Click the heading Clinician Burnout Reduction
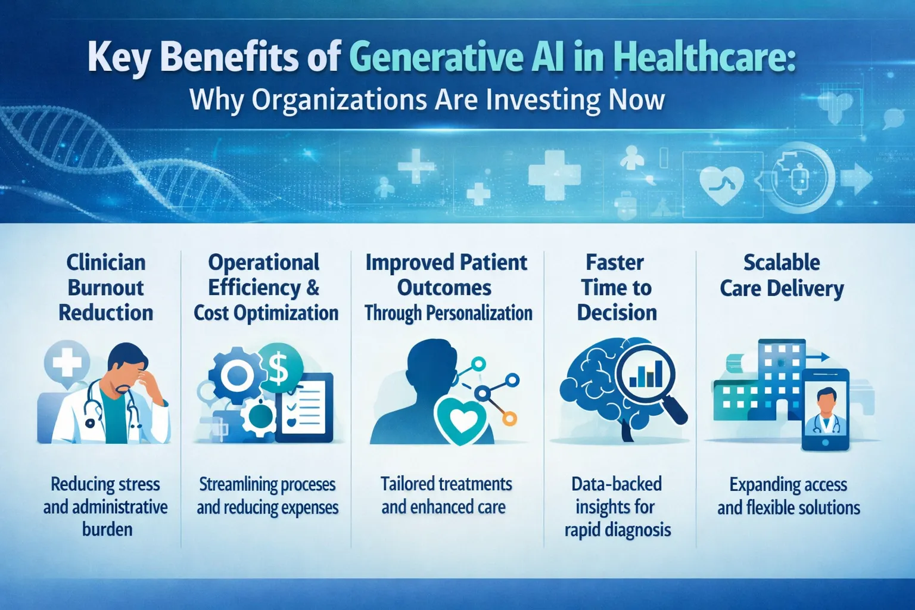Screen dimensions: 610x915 tap(106, 288)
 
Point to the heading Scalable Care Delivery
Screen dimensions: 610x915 tap(782, 275)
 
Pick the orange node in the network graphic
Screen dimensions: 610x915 tap(509, 419)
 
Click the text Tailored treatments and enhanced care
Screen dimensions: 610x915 tap(446, 495)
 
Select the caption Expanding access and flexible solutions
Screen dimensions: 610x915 tap(788, 496)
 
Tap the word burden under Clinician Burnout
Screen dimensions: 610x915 tap(107, 529)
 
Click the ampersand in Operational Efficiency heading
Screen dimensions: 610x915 tap(313, 288)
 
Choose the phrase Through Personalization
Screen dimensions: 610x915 tap(448, 313)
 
